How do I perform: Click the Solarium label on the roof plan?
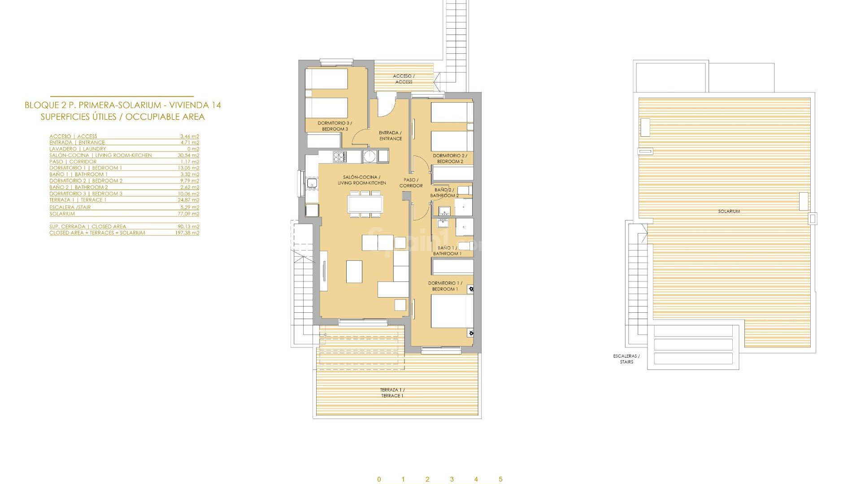pyautogui.click(x=729, y=211)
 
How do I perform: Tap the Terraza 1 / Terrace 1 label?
pyautogui.click(x=392, y=393)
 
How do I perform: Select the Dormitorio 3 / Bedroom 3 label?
pyautogui.click(x=335, y=126)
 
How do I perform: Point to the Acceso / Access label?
pyautogui.click(x=404, y=79)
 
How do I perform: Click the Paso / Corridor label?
pyautogui.click(x=411, y=183)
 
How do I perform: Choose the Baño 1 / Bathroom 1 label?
pyautogui.click(x=447, y=251)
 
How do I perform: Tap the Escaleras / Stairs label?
pyautogui.click(x=626, y=359)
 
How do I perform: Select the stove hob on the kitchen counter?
pyautogui.click(x=339, y=156)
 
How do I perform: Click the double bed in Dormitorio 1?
pyautogui.click(x=452, y=311)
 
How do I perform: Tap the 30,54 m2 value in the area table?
pyautogui.click(x=188, y=156)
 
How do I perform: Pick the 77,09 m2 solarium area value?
pyautogui.click(x=188, y=214)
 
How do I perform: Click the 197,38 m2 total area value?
pyautogui.click(x=187, y=233)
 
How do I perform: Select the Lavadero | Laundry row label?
pyautogui.click(x=78, y=149)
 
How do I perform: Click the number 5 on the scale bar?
pyautogui.click(x=500, y=479)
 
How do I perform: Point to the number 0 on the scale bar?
pyautogui.click(x=379, y=479)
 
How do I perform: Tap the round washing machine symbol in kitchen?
pyautogui.click(x=370, y=156)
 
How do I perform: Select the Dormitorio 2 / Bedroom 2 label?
pyautogui.click(x=450, y=159)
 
